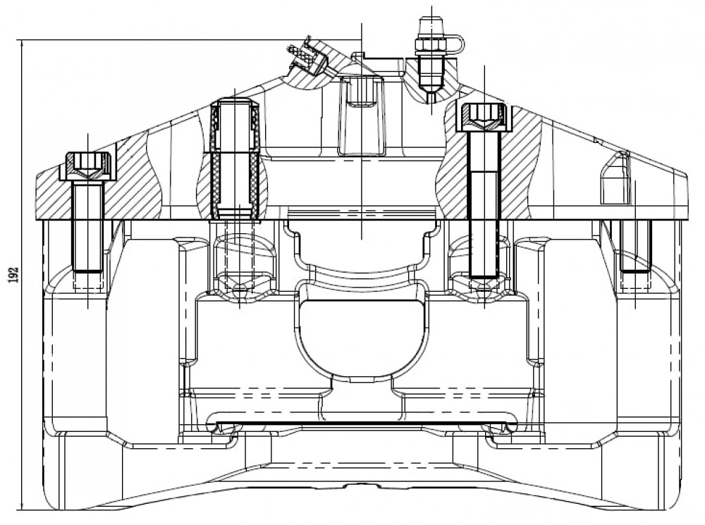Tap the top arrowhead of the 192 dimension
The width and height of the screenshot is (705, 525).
[x=20, y=44]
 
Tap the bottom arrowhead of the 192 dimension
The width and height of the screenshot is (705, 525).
[x=20, y=506]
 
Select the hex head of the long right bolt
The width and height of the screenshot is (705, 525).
[x=484, y=115]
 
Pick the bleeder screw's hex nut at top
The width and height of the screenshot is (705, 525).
[x=431, y=45]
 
